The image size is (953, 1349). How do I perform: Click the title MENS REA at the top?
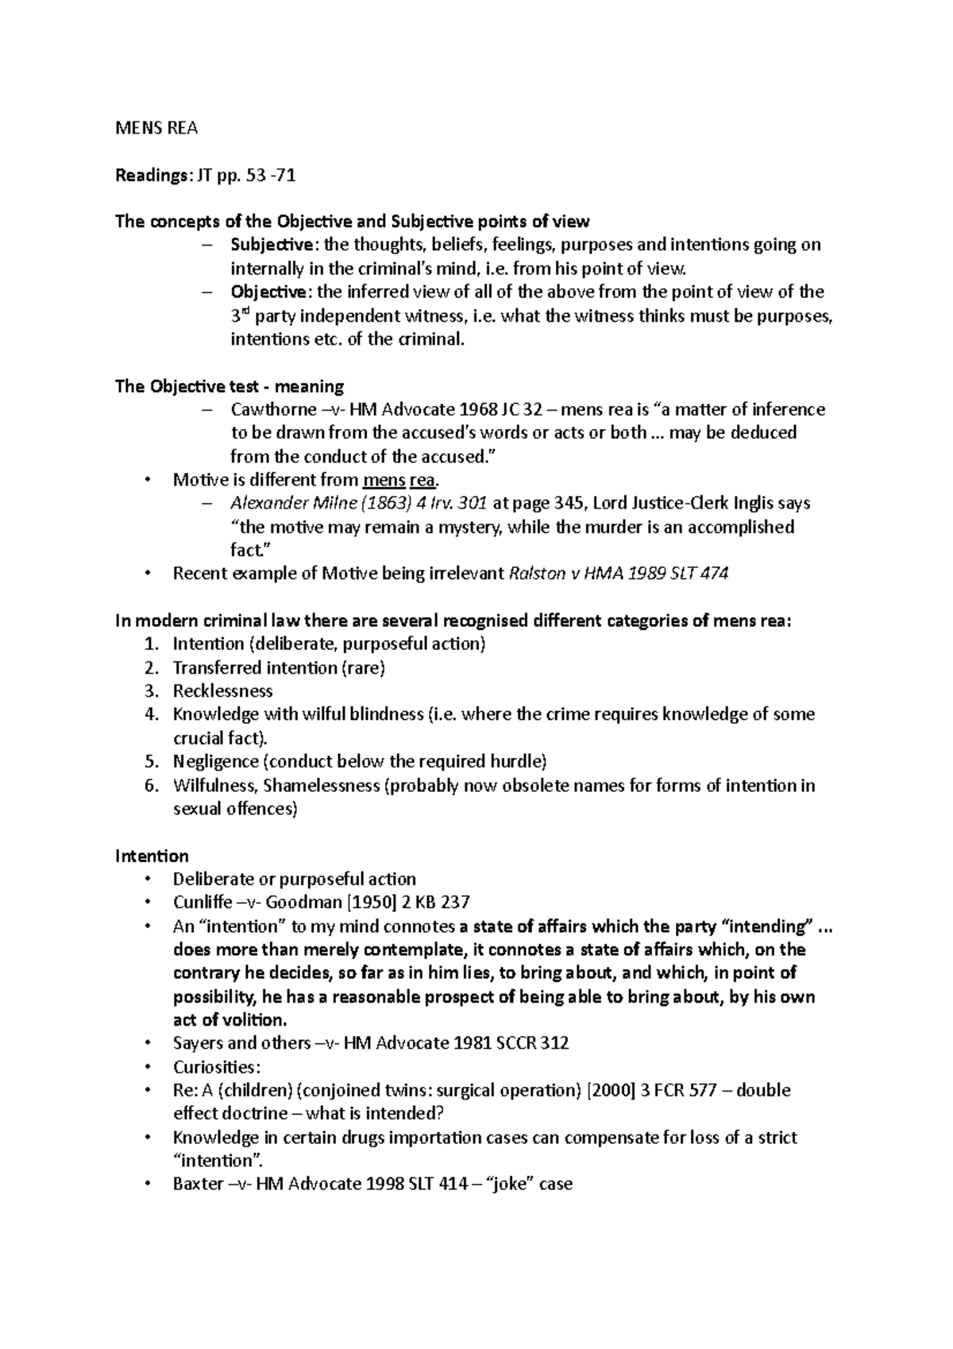coord(156,128)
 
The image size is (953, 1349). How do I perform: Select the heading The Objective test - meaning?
coord(230,387)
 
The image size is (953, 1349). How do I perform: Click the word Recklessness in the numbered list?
coord(222,691)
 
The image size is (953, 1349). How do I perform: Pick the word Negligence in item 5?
coord(215,762)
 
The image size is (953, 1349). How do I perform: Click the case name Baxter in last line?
coord(198,1185)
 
